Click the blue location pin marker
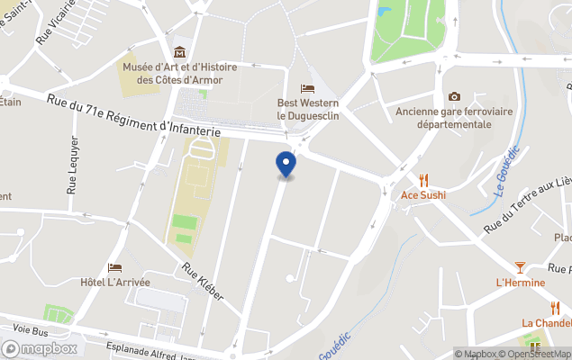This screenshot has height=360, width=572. click(286, 165)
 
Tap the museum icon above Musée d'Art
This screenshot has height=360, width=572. click(179, 51)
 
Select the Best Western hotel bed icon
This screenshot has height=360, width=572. click(308, 88)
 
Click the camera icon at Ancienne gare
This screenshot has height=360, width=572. click(454, 96)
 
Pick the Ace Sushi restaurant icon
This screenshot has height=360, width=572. click(423, 180)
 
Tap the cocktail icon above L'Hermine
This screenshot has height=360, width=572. click(520, 267)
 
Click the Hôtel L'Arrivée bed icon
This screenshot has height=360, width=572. click(114, 267)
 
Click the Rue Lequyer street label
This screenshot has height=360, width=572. click(73, 166)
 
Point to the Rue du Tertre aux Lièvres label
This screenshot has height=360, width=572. click(528, 206)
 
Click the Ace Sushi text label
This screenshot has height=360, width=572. click(423, 195)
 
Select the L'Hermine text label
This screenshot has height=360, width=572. click(521, 283)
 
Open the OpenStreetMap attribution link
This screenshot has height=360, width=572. click(524, 354)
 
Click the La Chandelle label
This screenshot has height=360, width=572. click(546, 323)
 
